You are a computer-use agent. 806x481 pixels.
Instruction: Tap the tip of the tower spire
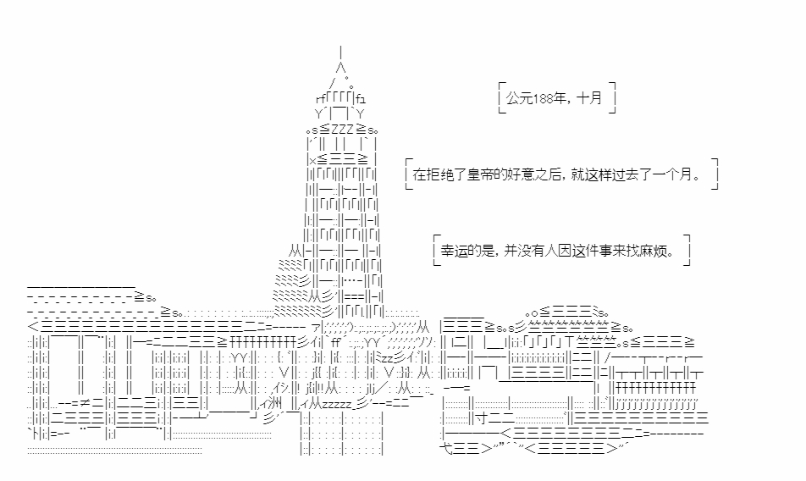coord(341,47)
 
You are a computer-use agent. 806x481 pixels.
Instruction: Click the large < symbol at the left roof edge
coord(33,326)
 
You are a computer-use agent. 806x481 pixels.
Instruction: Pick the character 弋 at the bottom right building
coord(445,448)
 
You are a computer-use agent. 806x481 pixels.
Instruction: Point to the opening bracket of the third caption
coord(437,251)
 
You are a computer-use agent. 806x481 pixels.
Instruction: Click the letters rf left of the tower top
coord(321,98)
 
